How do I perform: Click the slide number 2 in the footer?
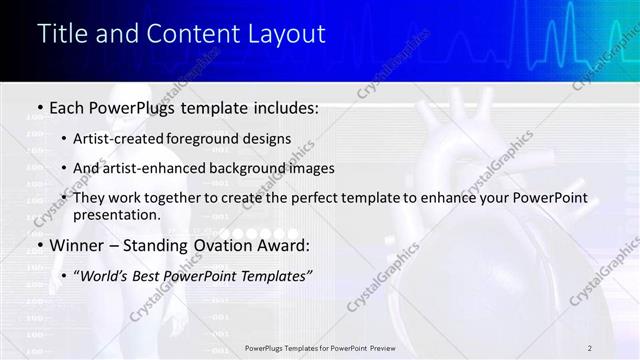[590, 347]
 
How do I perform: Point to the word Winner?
[78, 244]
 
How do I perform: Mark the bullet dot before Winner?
[39, 244]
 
